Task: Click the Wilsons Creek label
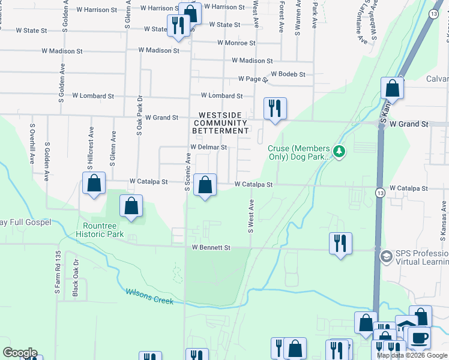(149, 296)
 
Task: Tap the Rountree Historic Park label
(100, 230)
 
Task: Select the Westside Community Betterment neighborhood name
(221, 123)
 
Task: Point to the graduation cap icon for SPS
(386, 257)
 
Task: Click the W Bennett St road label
(211, 247)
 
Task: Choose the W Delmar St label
(208, 147)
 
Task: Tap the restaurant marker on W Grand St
(275, 109)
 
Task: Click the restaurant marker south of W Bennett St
(340, 243)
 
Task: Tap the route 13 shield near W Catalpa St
(380, 193)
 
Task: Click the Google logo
(20, 353)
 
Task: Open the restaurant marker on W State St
(178, 26)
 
